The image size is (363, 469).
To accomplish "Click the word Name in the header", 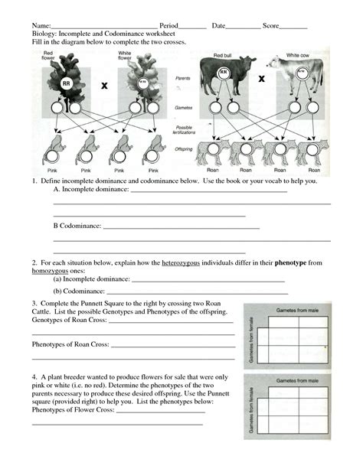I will point(41,26).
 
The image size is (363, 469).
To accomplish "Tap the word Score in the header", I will point(272,26).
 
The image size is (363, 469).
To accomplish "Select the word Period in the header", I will point(168,26).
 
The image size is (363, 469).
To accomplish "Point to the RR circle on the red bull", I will point(224,73).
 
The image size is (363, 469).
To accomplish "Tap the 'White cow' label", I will point(298,56).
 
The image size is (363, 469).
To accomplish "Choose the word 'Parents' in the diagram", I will point(183,77).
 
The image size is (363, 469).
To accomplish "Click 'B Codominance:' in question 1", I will point(77,226).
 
